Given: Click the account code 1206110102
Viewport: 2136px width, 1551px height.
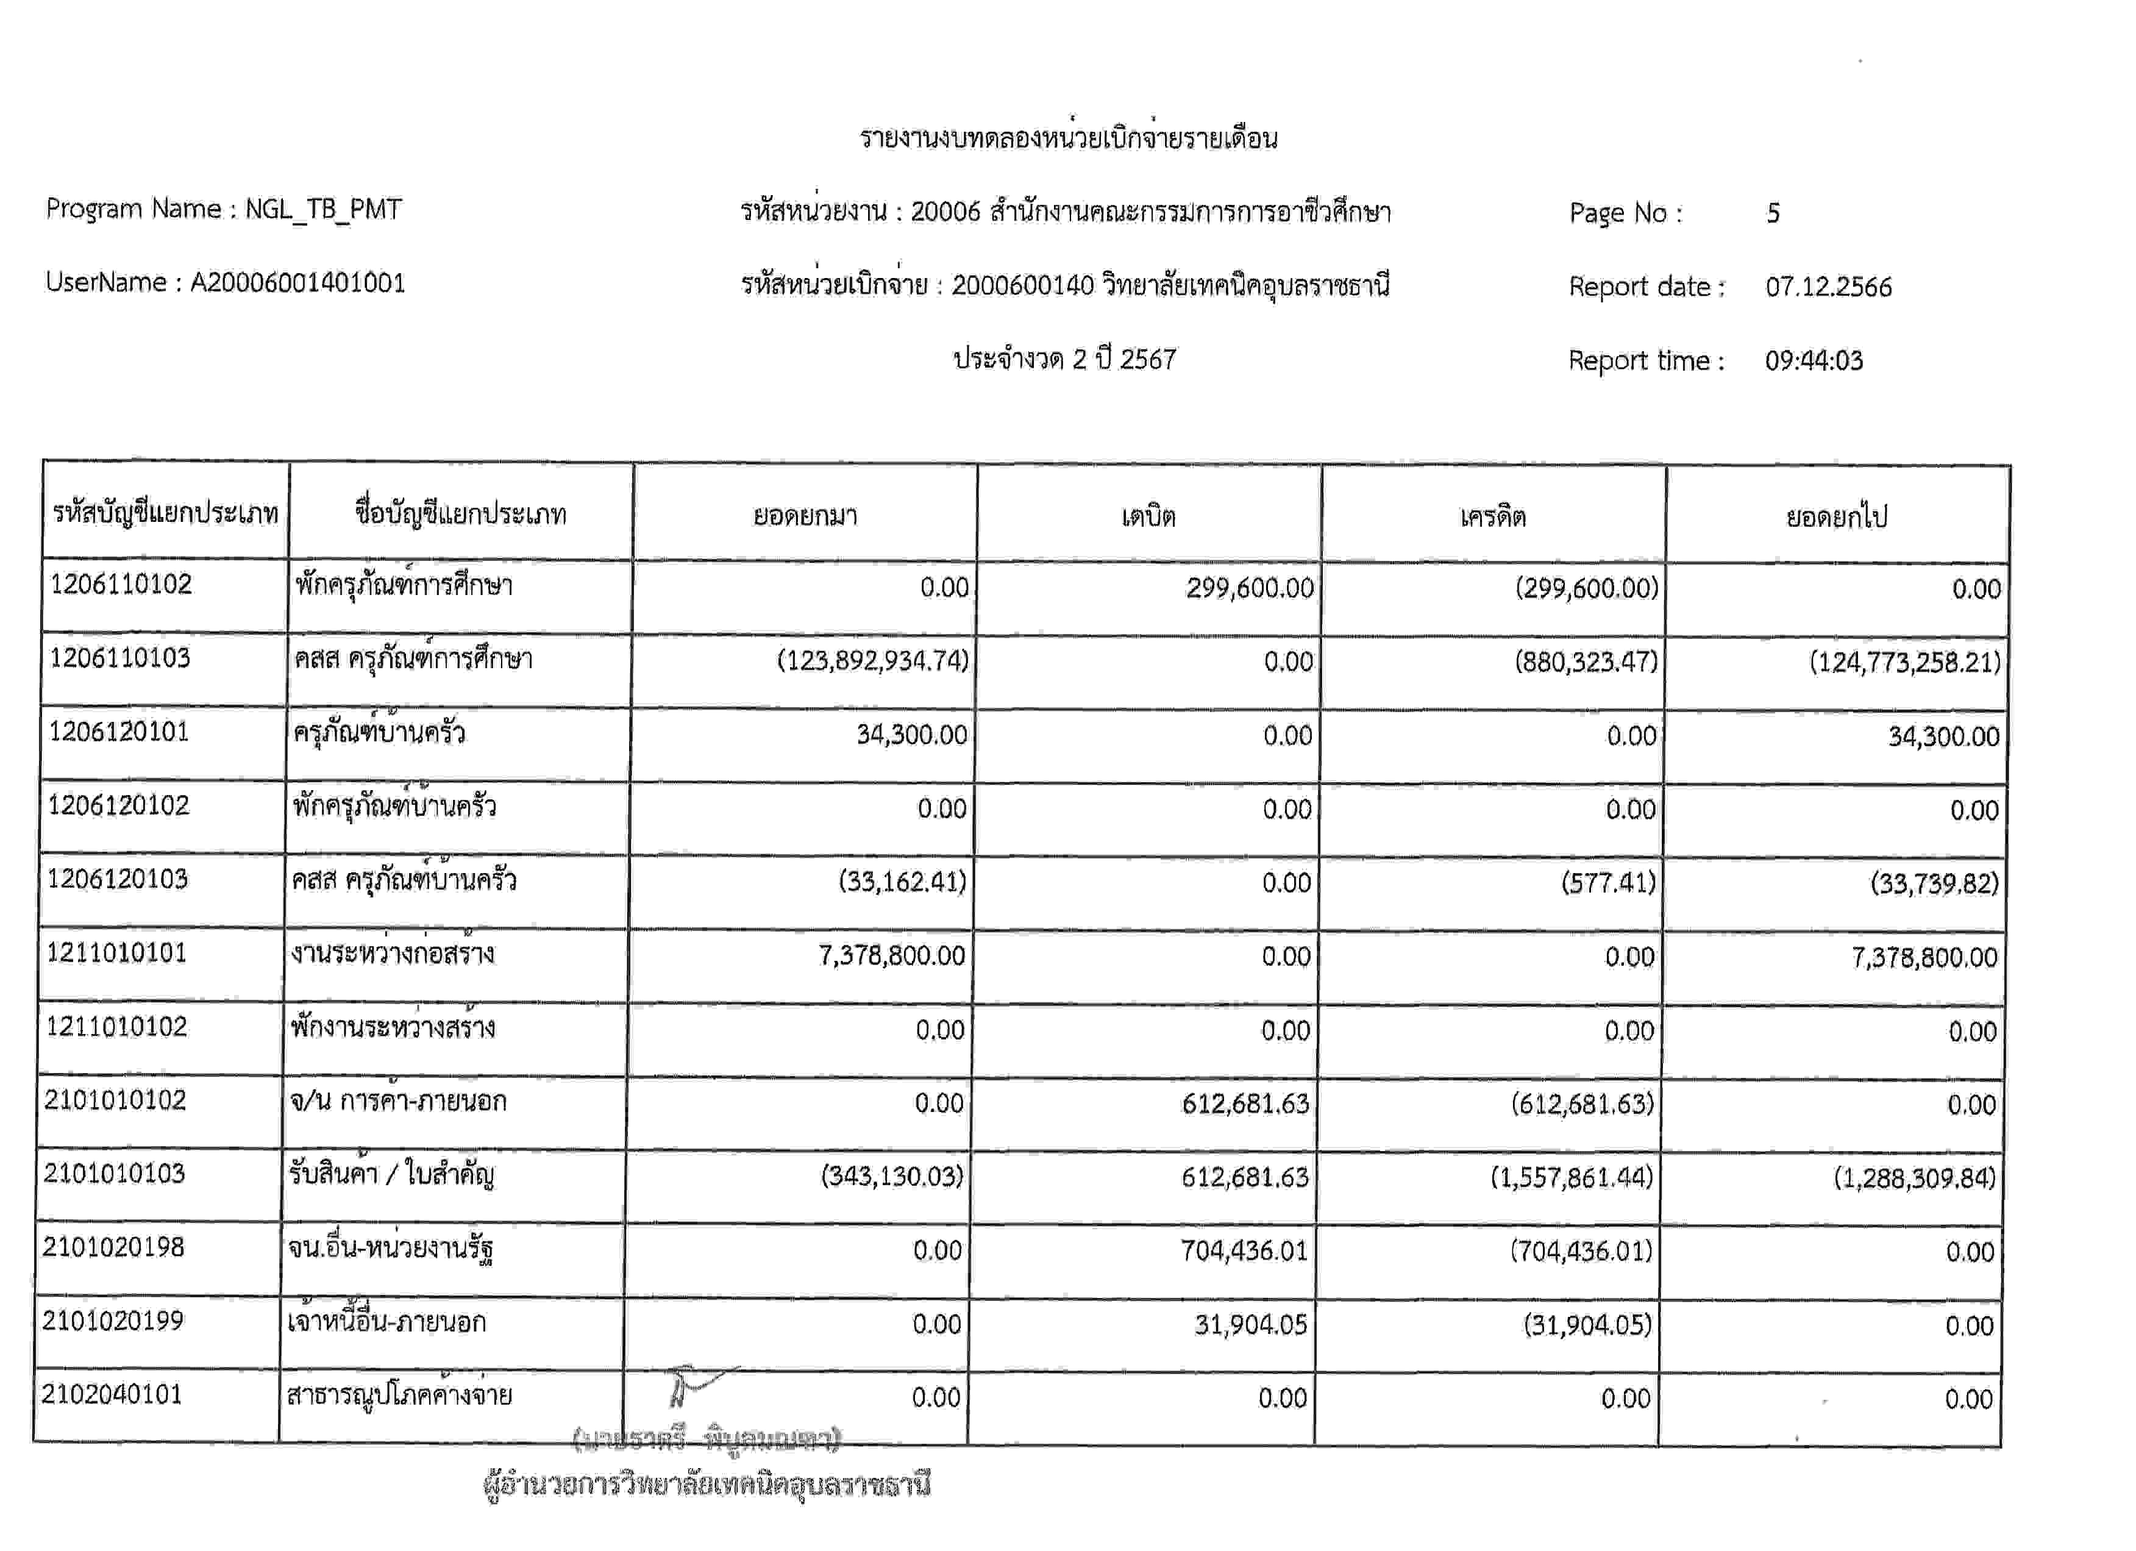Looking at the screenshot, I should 121,585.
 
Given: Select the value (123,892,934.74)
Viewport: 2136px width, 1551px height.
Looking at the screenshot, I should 872,660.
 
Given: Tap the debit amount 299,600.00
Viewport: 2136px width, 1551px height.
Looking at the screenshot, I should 1249,588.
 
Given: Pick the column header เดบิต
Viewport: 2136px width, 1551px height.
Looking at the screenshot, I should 1148,516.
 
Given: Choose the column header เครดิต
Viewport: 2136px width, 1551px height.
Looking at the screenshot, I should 1493,516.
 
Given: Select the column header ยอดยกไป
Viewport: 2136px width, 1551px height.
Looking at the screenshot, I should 1837,516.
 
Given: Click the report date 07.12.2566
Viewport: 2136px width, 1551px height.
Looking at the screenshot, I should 1828,287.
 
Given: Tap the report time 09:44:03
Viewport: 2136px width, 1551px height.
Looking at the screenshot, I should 1814,361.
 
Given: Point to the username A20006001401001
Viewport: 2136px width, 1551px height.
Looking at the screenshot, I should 297,282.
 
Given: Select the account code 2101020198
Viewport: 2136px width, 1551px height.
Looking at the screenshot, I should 114,1248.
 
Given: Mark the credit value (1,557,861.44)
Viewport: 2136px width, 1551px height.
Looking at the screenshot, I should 1571,1177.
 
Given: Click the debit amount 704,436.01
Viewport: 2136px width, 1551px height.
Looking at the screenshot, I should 1244,1250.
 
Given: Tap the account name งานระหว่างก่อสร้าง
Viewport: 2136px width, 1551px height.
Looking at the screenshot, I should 393,954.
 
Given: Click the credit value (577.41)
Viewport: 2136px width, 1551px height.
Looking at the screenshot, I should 1607,882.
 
